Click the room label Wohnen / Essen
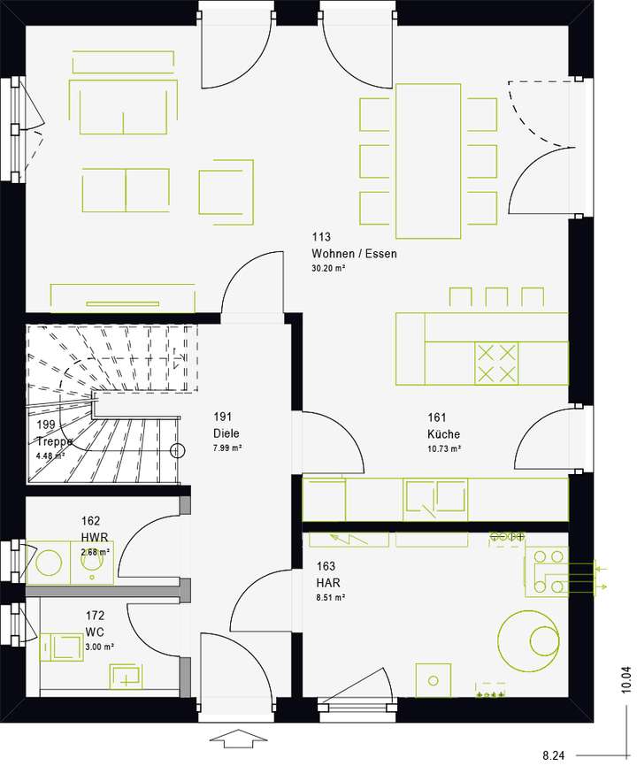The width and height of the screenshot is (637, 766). click(x=354, y=254)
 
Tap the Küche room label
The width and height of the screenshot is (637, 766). click(x=443, y=434)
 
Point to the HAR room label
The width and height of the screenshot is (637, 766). click(x=327, y=583)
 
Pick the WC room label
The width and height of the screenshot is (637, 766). click(x=96, y=632)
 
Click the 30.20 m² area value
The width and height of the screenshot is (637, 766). click(x=327, y=268)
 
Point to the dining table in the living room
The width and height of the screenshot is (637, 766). click(x=428, y=160)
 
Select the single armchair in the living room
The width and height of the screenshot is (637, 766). click(x=226, y=189)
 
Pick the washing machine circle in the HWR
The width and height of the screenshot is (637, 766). click(x=49, y=563)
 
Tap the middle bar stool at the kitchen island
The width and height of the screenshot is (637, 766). click(x=496, y=297)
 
